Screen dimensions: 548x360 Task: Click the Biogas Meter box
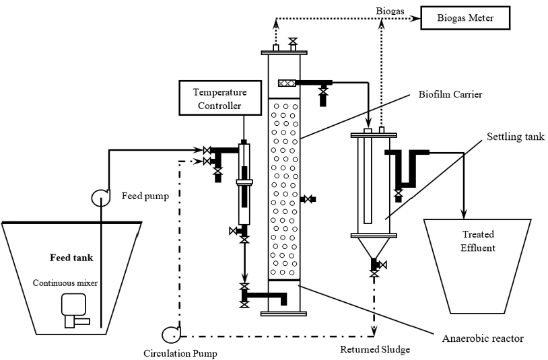click(465, 17)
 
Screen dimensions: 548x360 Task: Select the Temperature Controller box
click(220, 98)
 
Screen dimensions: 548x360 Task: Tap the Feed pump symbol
click(101, 197)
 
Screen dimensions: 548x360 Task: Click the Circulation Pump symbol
click(171, 334)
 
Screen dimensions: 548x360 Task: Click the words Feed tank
click(71, 258)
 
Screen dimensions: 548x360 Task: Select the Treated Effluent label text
click(478, 241)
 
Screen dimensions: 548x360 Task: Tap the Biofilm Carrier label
click(450, 94)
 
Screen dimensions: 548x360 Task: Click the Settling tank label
click(516, 136)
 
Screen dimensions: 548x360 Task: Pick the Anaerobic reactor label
click(483, 338)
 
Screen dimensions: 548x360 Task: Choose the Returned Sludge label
click(375, 349)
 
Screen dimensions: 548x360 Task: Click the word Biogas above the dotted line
click(390, 11)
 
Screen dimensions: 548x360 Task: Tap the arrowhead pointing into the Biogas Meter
click(415, 18)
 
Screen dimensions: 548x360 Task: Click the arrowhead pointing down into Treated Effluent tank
click(464, 214)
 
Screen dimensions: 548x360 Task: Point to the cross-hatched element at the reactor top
click(287, 83)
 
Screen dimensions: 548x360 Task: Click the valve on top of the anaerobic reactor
click(293, 41)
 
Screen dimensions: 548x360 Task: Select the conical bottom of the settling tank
click(374, 248)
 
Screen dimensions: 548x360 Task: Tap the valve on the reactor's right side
click(308, 199)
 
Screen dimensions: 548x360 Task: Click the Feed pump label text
click(145, 196)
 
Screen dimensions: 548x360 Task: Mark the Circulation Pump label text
click(180, 353)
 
